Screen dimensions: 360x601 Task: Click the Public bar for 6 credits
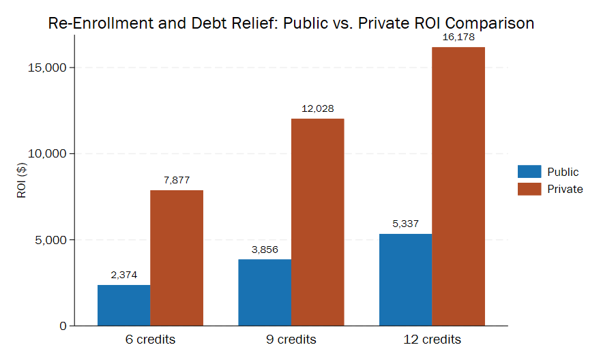tap(123, 305)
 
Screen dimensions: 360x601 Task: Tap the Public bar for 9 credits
tap(265, 292)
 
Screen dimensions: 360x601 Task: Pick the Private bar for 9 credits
tap(318, 222)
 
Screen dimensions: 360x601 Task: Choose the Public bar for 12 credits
tap(405, 280)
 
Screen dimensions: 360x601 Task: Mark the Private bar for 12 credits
tap(458, 186)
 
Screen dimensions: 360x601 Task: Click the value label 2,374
tap(123, 275)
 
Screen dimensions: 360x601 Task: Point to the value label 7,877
tap(177, 180)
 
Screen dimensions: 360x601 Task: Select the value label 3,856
tap(265, 250)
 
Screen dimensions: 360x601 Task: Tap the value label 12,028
tap(318, 108)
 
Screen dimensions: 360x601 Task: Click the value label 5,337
tap(405, 224)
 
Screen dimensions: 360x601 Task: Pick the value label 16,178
tap(458, 37)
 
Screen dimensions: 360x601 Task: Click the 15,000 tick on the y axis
tap(44, 67)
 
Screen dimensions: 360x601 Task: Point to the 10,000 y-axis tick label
tap(44, 154)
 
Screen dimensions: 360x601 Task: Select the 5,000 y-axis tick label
tap(47, 240)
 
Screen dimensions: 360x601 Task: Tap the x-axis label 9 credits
tap(291, 340)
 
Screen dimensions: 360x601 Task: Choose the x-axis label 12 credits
tap(432, 340)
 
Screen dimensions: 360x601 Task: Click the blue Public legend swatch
tap(529, 172)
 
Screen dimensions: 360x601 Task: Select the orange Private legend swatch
tap(529, 189)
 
